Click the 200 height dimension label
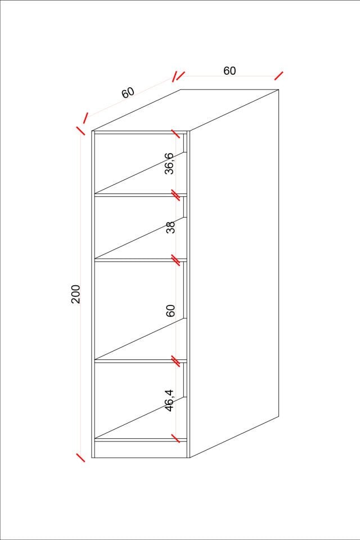coord(75,294)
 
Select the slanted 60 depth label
coord(128,92)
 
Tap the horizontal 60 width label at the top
coord(229,71)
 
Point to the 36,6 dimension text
coord(170,163)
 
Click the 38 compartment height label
coord(170,227)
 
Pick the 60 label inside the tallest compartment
coord(170,310)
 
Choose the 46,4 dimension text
coord(170,400)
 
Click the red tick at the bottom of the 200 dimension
coord(80,457)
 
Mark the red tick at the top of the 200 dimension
coord(80,130)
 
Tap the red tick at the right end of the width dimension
coord(278,76)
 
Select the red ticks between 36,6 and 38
coord(175,195)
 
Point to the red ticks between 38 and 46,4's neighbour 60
coord(175,260)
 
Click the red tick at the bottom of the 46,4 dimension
coord(175,438)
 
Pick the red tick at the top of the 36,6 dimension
coord(175,134)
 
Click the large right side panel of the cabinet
coord(234,274)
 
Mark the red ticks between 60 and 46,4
coord(175,361)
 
